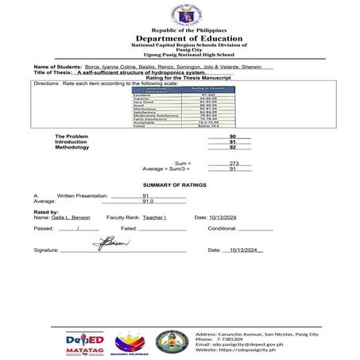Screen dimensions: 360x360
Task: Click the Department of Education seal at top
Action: click(179, 15)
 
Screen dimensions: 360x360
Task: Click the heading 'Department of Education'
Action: click(179, 38)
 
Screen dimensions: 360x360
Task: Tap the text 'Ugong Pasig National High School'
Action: click(179, 54)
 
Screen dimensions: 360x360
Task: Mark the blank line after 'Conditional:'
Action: click(257, 228)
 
